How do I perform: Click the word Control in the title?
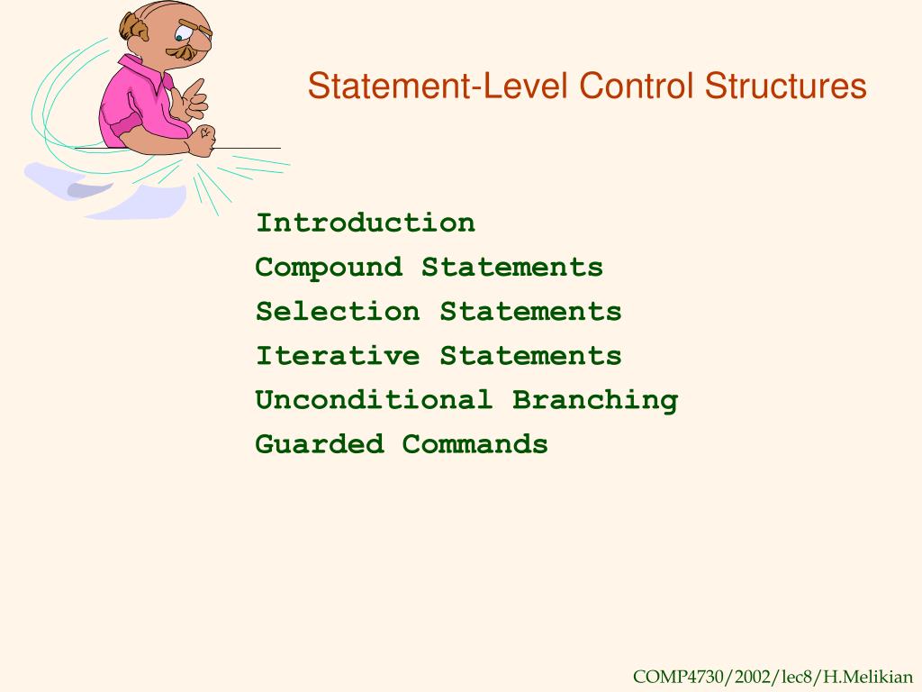pyautogui.click(x=638, y=86)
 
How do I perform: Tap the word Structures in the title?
pyautogui.click(x=785, y=86)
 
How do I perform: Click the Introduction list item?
pyautogui.click(x=366, y=223)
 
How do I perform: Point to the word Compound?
pyautogui.click(x=329, y=268)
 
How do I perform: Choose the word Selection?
pyautogui.click(x=338, y=311)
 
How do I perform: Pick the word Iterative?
pyautogui.click(x=338, y=355)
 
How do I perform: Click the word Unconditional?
pyautogui.click(x=374, y=399)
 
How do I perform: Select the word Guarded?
pyautogui.click(x=320, y=443)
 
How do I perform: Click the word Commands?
pyautogui.click(x=475, y=443)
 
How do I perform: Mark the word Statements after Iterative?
pyautogui.click(x=530, y=355)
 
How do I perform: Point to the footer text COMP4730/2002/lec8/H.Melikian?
pyautogui.click(x=773, y=677)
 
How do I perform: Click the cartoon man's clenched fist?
pyautogui.click(x=203, y=140)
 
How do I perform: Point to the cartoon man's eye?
pyautogui.click(x=179, y=38)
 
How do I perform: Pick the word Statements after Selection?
pyautogui.click(x=530, y=311)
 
